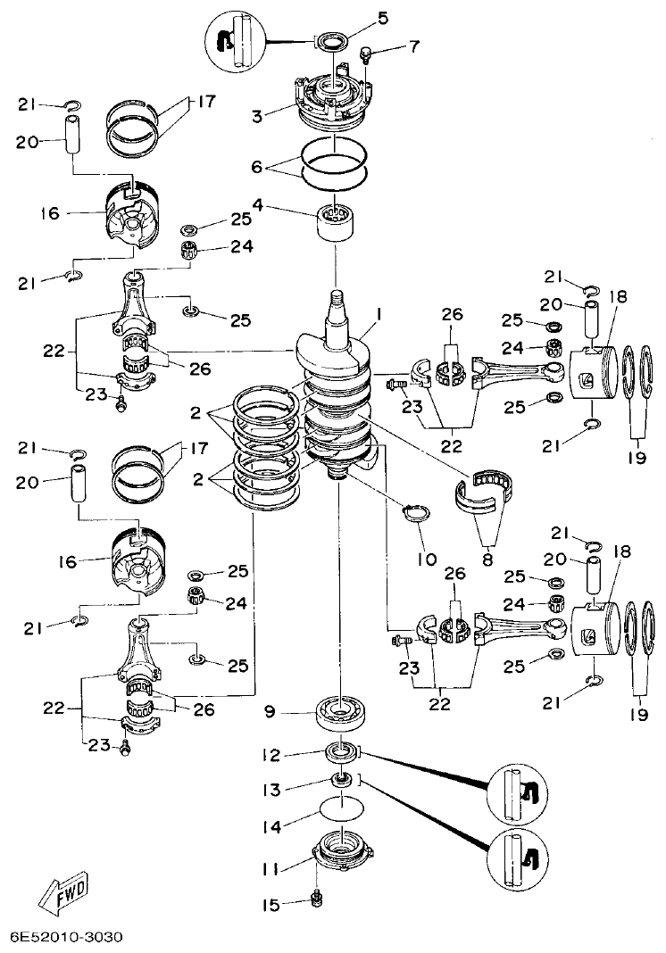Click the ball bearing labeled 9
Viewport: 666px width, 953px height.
pos(342,711)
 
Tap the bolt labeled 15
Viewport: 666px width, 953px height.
pos(315,895)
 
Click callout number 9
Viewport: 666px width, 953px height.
pos(271,711)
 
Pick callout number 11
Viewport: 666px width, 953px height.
pos(271,867)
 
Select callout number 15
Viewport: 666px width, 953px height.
pos(271,905)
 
